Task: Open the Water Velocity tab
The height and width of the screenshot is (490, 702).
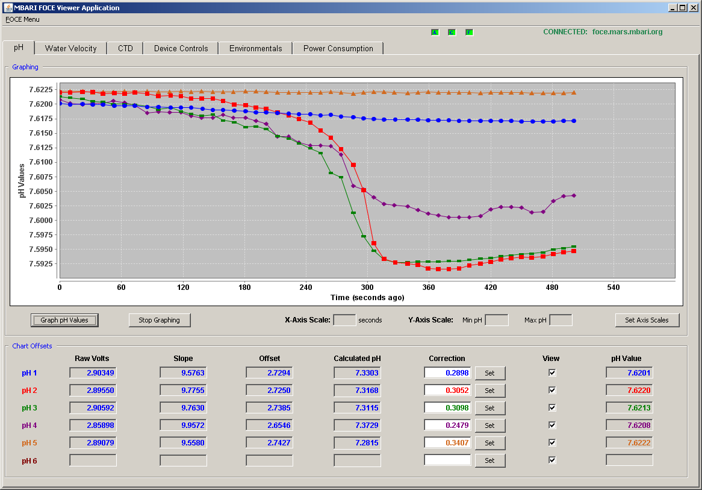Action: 70,48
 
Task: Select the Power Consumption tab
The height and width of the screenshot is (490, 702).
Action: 338,48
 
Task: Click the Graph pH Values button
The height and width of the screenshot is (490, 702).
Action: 64,320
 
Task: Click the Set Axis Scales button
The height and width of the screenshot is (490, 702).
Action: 647,320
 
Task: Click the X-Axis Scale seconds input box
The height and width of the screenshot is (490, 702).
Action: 345,320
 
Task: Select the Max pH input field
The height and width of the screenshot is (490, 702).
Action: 561,320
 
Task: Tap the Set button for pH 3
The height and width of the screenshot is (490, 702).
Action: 490,408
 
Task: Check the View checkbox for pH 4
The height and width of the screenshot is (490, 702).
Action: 552,425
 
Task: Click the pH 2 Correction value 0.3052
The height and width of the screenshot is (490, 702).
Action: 447,391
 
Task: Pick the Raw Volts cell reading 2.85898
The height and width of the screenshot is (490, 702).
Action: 93,426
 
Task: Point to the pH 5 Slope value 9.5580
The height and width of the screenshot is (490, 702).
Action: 183,443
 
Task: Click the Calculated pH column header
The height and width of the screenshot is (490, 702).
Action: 357,359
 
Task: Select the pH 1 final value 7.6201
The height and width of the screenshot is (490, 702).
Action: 629,373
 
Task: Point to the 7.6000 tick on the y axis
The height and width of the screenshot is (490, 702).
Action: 41,221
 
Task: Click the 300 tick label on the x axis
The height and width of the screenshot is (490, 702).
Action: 367,287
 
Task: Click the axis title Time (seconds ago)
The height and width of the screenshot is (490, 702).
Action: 367,298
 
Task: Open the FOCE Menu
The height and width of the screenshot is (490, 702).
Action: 22,19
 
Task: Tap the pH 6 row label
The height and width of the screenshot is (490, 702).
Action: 30,461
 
